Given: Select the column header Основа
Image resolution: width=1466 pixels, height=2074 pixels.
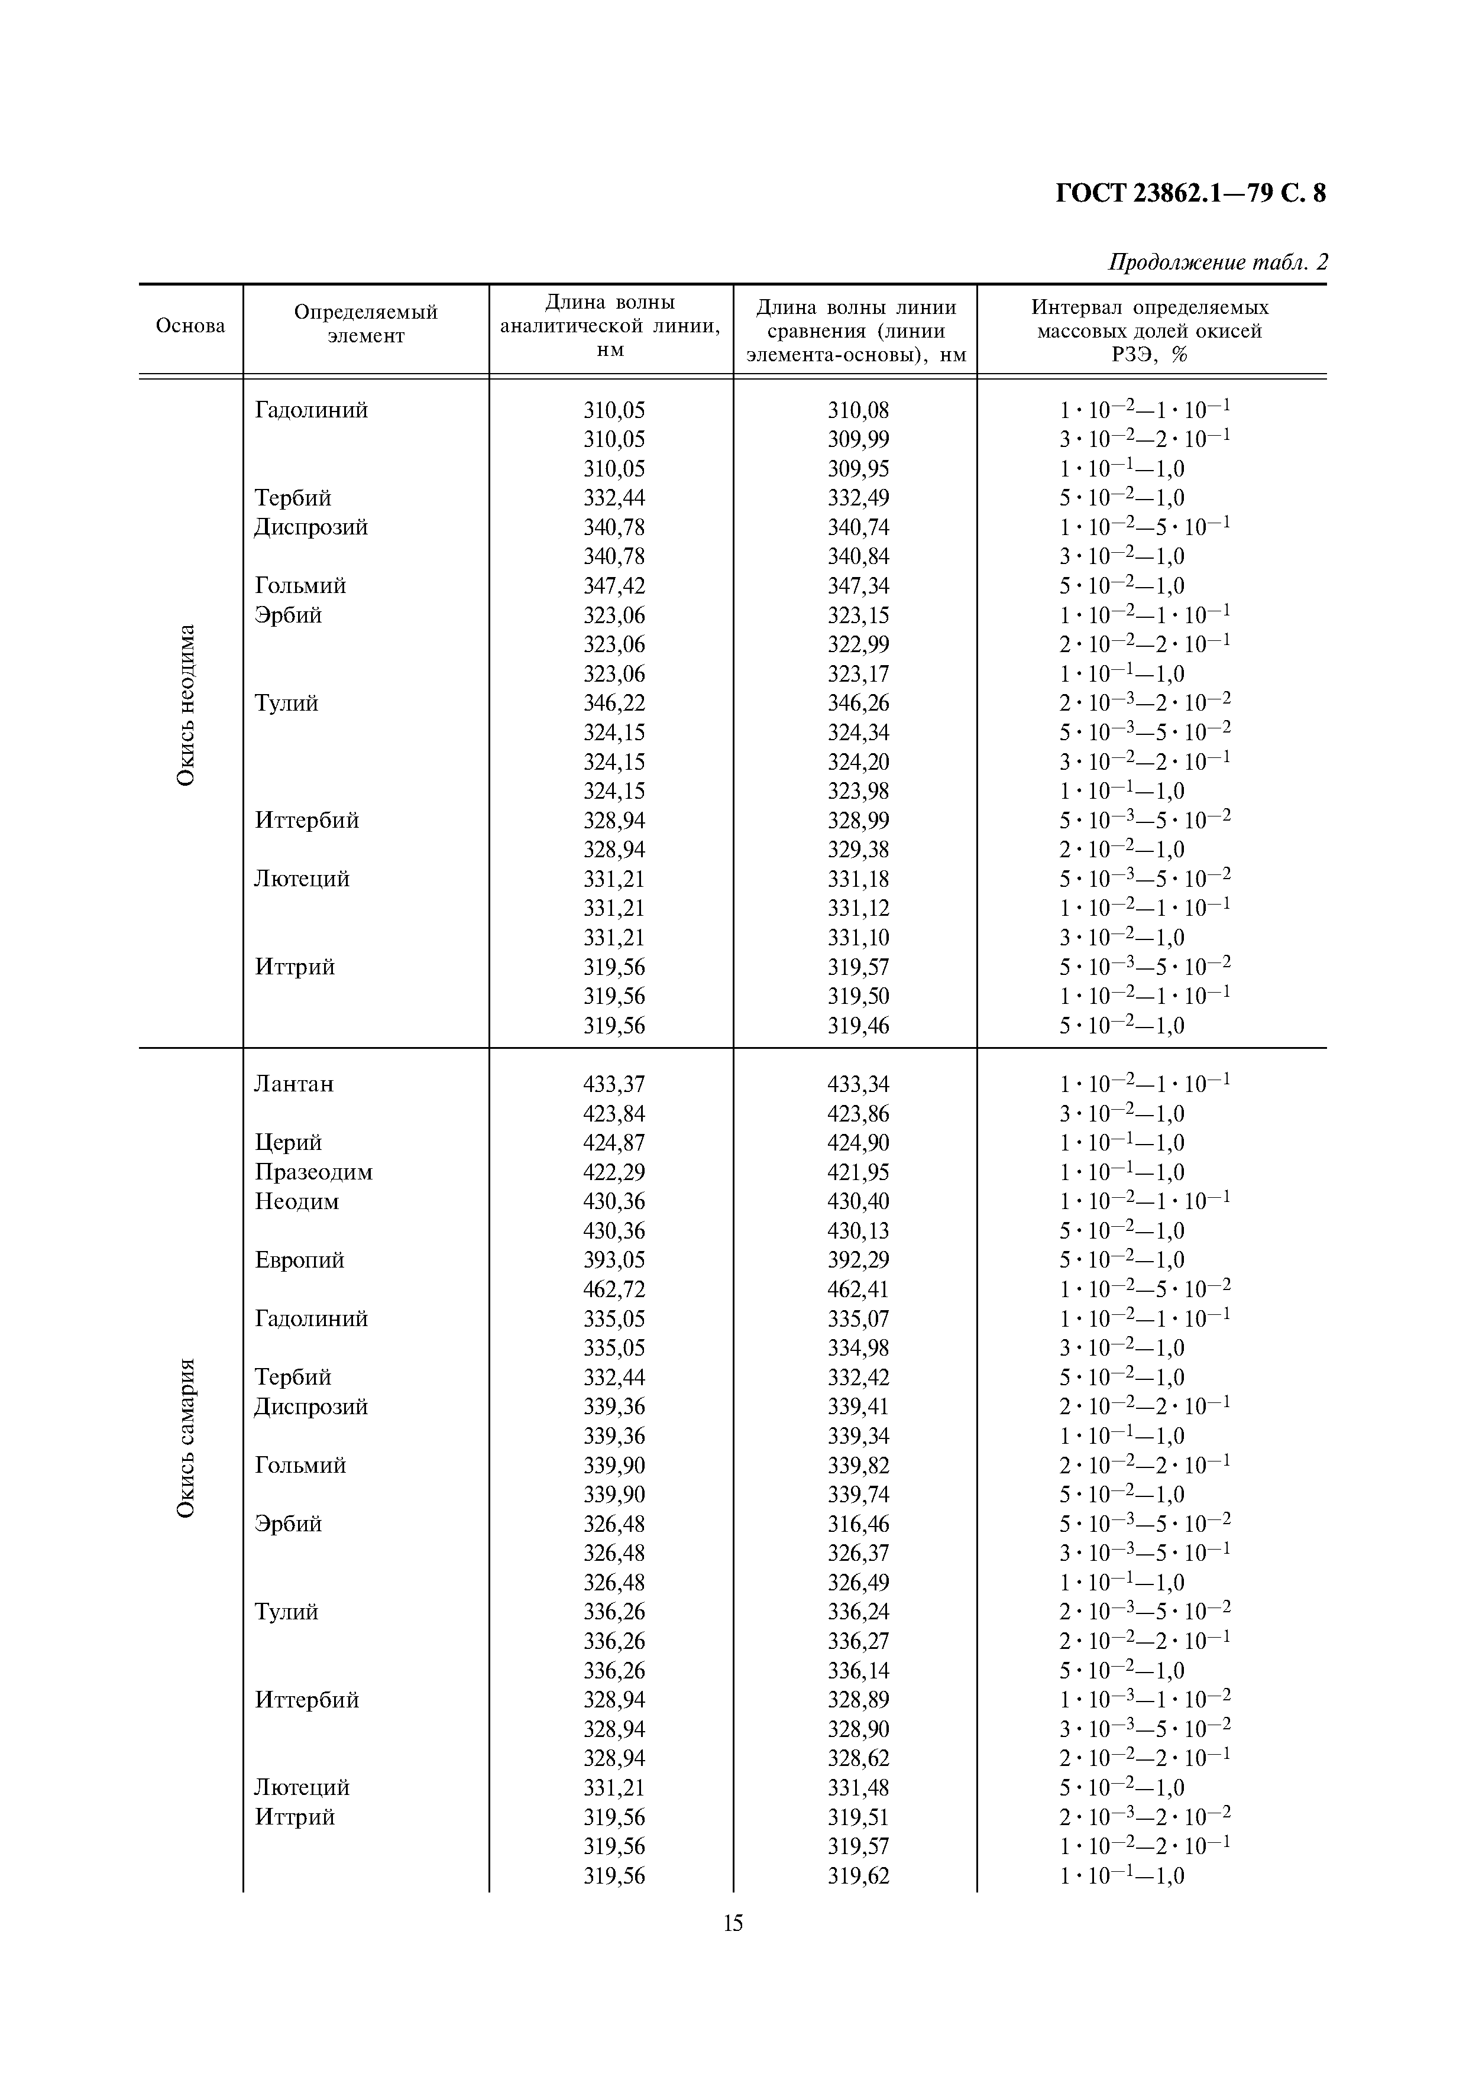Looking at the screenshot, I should tap(190, 326).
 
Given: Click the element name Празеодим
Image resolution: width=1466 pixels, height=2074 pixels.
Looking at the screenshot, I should tap(313, 1172).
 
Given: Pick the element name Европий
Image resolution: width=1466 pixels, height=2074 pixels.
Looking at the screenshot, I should tap(299, 1260).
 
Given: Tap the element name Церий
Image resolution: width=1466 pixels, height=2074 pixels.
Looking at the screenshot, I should tap(288, 1143).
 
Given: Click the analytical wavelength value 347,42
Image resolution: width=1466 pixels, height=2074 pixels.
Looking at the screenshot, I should tap(614, 585).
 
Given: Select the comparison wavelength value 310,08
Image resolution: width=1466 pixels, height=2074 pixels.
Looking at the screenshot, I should tap(858, 410).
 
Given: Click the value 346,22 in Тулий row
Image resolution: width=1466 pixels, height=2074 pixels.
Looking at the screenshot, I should tap(614, 703).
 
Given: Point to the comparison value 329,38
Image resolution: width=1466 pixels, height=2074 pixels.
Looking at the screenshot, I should tap(858, 849).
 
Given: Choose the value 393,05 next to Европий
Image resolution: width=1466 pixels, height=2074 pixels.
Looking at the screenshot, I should tap(614, 1260).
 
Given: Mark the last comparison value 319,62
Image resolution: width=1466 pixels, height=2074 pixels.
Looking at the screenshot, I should tap(858, 1876).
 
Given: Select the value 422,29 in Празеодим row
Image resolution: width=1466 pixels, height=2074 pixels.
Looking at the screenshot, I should tap(614, 1172).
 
